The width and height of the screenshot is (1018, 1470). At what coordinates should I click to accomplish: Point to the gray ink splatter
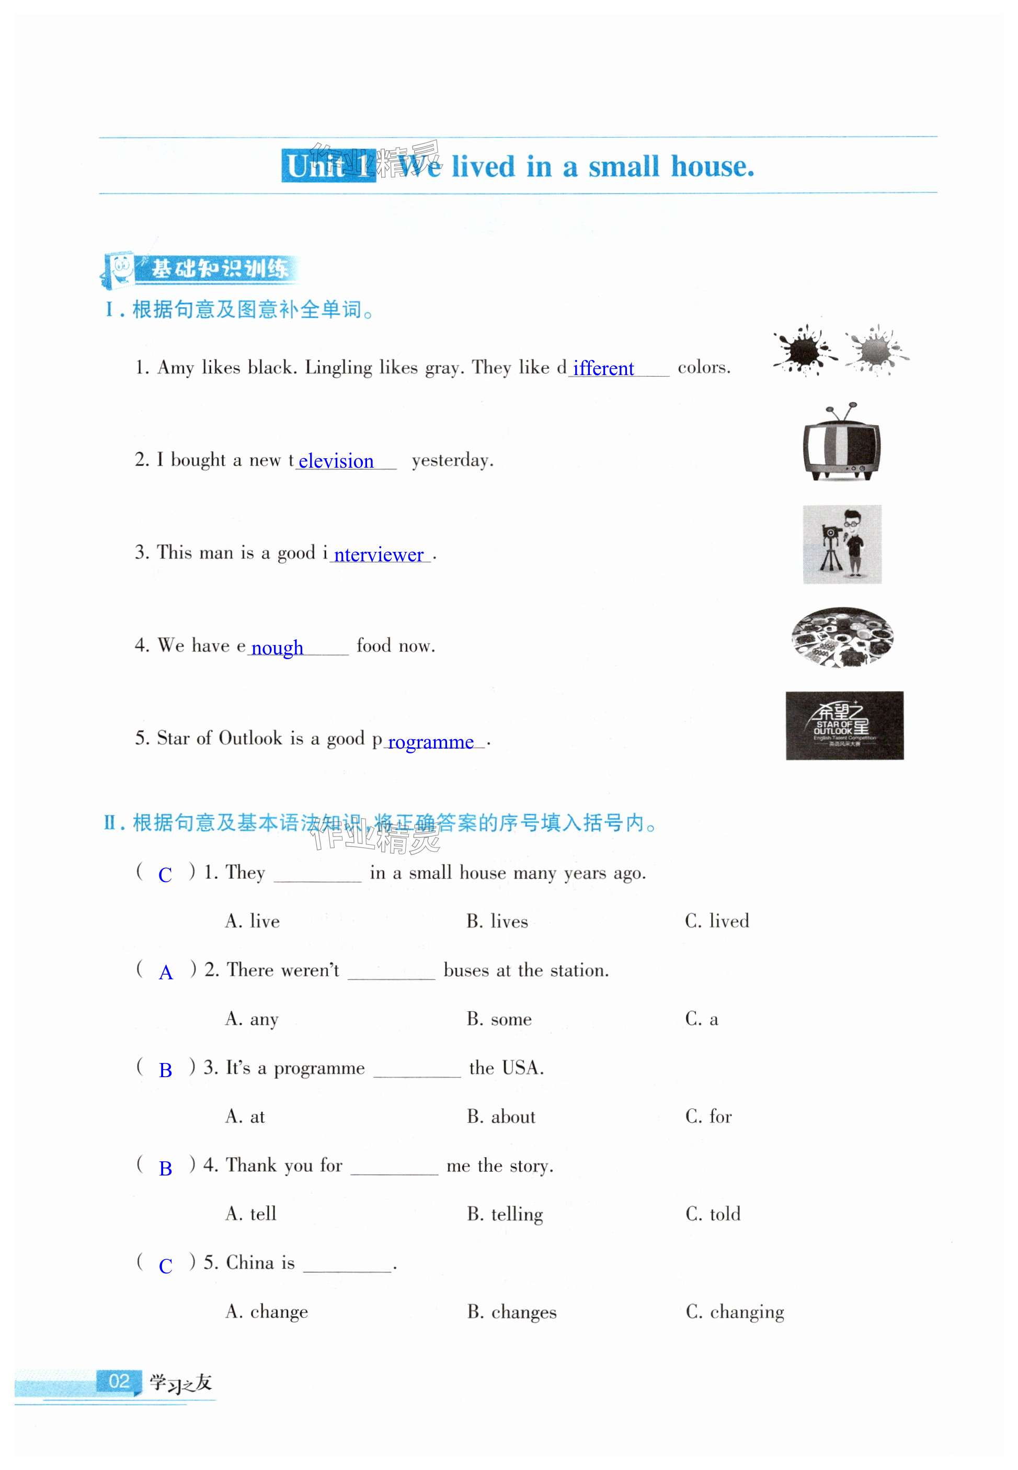[876, 350]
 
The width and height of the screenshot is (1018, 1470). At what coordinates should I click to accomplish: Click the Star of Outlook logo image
[844, 726]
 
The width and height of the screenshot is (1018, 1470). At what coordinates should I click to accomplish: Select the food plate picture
[842, 637]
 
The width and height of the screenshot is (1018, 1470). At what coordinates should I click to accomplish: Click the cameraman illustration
[842, 544]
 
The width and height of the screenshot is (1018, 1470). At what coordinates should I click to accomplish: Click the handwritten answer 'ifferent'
[603, 368]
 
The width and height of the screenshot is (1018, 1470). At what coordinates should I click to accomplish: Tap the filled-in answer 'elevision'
[336, 461]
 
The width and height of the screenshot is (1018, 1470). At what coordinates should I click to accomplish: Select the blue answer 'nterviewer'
[379, 555]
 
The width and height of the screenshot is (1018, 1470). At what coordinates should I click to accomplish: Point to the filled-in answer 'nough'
[277, 648]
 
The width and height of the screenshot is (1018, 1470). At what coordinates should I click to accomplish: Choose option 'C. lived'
[717, 921]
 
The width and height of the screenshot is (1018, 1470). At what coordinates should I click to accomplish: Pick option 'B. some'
[499, 1019]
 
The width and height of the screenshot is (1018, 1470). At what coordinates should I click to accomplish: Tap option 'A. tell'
[250, 1214]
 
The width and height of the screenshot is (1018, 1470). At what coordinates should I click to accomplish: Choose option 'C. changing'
[735, 1312]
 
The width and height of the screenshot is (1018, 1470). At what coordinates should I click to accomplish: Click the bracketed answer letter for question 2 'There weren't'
[166, 973]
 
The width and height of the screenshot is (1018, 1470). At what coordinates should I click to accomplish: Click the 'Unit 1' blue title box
[328, 166]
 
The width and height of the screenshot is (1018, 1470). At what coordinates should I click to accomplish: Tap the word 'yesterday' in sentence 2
[452, 460]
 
